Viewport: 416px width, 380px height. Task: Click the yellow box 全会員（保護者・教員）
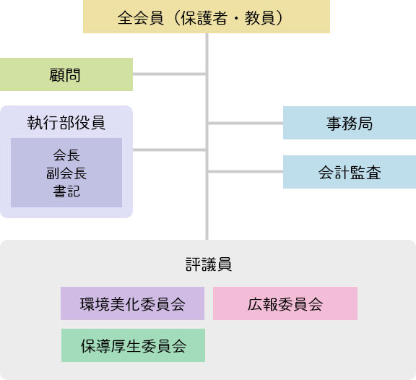coord(207,17)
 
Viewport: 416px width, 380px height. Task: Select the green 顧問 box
coord(66,74)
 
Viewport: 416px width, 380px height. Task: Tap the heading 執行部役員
coord(66,123)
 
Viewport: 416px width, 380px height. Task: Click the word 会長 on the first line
coord(66,155)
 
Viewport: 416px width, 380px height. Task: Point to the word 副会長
coord(66,173)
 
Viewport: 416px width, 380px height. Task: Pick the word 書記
coord(66,191)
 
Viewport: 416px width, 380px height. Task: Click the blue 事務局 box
coord(350,123)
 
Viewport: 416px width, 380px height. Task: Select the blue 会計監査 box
coord(350,172)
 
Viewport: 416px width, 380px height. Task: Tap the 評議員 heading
coord(209,264)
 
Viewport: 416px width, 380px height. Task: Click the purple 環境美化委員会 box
coord(132,303)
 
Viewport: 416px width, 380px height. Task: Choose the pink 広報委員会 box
coord(285,303)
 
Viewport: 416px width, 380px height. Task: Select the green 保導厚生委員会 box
coord(133,345)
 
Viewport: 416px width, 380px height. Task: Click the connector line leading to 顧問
coord(169,74)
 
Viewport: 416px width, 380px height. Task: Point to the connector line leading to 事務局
coord(246,123)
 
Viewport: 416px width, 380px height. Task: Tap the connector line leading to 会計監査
coord(246,172)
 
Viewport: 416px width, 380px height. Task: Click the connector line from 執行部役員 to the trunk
coord(169,150)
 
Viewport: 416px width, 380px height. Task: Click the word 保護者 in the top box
coord(204,18)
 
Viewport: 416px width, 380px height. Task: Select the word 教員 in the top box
coord(259,18)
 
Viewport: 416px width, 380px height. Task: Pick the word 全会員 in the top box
coord(141,18)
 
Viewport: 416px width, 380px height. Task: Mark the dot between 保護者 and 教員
coord(236,19)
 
